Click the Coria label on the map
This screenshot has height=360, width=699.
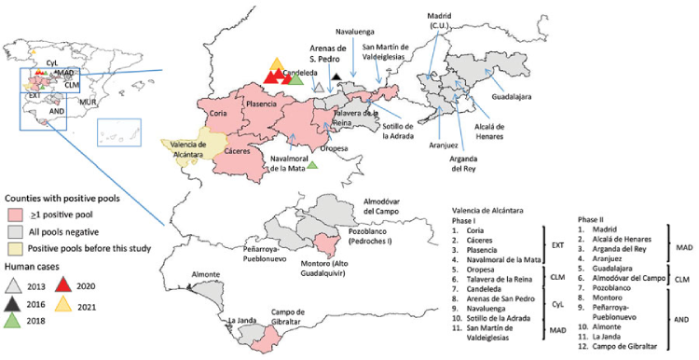pos(219,113)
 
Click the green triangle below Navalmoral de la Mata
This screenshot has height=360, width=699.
pos(313,165)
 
